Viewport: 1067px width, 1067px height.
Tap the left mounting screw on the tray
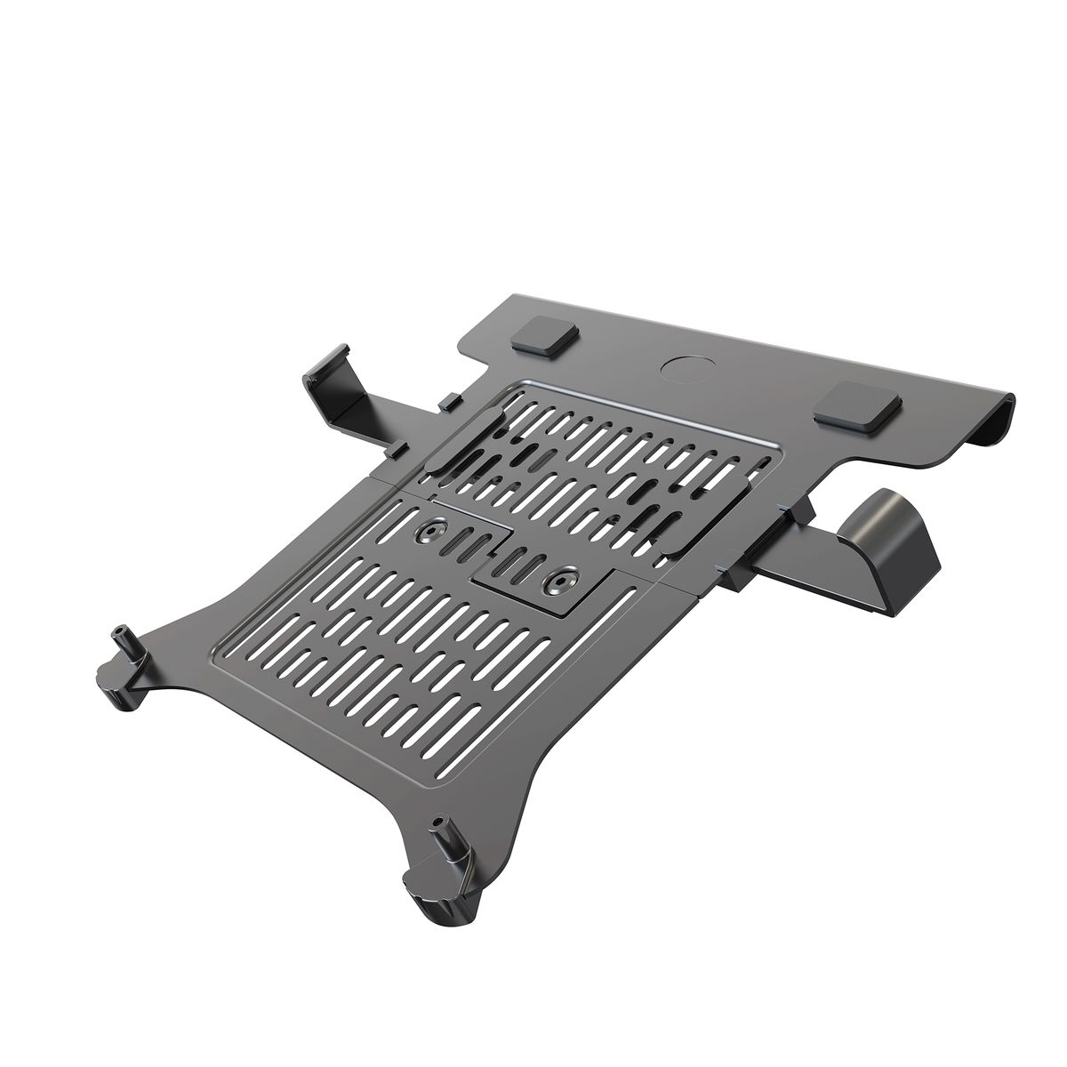point(433,533)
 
